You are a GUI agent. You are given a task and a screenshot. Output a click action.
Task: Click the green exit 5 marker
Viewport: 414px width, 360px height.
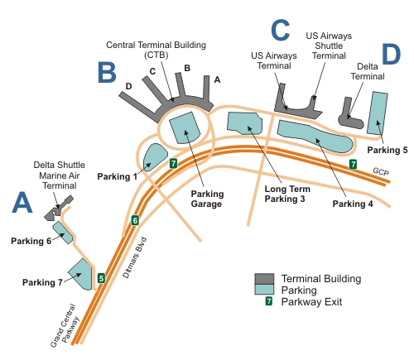pyautogui.click(x=101, y=278)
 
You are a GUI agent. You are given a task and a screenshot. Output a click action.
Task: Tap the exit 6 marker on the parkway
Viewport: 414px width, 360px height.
pyautogui.click(x=135, y=220)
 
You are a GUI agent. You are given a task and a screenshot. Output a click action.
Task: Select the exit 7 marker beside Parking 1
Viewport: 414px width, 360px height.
pyautogui.click(x=173, y=163)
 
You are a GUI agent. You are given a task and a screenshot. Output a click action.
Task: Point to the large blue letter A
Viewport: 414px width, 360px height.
pyautogui.click(x=22, y=203)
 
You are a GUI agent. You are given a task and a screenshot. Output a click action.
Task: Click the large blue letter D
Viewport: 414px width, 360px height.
pyautogui.click(x=392, y=55)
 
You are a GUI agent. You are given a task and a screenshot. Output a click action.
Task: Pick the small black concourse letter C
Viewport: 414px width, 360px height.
pyautogui.click(x=152, y=71)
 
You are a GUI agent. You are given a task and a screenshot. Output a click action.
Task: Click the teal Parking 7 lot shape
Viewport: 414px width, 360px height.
pyautogui.click(x=80, y=274)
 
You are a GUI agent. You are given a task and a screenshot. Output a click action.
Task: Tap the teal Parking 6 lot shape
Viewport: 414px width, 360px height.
pyautogui.click(x=63, y=233)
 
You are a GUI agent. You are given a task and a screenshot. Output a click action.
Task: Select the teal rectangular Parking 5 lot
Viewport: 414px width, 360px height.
pyautogui.click(x=378, y=113)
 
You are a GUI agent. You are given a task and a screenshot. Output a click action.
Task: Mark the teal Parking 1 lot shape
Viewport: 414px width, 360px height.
pyautogui.click(x=154, y=157)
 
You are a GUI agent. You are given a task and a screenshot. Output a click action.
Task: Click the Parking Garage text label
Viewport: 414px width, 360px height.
pyautogui.click(x=207, y=199)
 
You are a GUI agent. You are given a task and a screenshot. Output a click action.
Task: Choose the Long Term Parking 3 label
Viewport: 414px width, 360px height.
pyautogui.click(x=287, y=194)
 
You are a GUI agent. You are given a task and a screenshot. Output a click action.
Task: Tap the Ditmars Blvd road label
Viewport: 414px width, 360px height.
pyautogui.click(x=135, y=257)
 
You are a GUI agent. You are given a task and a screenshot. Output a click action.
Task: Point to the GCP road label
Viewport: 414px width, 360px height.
pyautogui.click(x=381, y=171)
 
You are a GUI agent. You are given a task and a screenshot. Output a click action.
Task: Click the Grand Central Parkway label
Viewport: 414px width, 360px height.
pyautogui.click(x=65, y=325)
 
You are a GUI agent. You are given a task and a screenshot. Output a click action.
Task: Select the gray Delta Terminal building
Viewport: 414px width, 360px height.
pyautogui.click(x=350, y=113)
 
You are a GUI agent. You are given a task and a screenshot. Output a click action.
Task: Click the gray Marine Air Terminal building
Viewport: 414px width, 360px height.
pyautogui.click(x=58, y=209)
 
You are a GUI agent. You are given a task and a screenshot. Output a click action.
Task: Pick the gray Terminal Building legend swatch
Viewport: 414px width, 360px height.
pyautogui.click(x=264, y=279)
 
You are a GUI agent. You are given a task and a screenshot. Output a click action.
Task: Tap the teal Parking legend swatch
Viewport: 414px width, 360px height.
pyautogui.click(x=264, y=290)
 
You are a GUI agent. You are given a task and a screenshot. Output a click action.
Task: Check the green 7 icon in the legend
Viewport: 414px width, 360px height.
pyautogui.click(x=268, y=301)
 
